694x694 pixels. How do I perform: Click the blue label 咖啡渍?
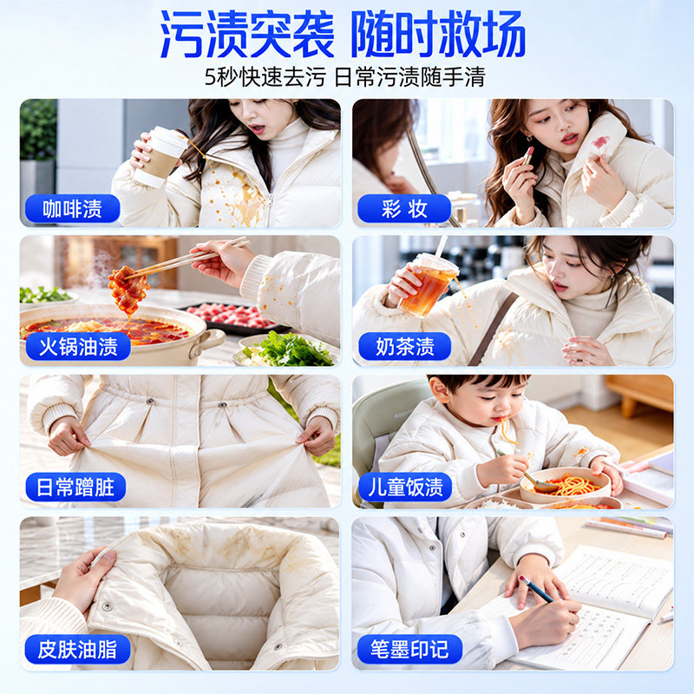pos(73,208)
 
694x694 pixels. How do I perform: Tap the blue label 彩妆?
pos(404,208)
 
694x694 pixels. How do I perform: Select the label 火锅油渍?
pos(78,346)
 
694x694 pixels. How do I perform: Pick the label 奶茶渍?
pos(405,346)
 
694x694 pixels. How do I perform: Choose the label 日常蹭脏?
pos(75,487)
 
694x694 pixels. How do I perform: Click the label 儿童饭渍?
pos(405,487)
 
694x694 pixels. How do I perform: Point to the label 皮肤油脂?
pos(78,649)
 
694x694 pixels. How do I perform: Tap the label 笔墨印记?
pos(409,649)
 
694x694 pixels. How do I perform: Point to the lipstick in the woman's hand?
pos(528,154)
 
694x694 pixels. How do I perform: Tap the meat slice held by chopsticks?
pos(128,289)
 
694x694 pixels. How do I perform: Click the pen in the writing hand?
pos(535,588)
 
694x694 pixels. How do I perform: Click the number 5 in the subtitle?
pos(211,77)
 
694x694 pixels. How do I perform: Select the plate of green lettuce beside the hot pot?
pos(288,350)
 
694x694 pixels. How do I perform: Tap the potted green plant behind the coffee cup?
pos(38,131)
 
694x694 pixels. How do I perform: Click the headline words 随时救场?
pos(438,34)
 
